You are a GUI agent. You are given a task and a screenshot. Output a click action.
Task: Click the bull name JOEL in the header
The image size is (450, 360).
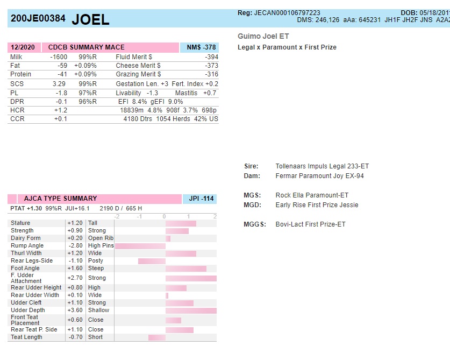coord(90,19)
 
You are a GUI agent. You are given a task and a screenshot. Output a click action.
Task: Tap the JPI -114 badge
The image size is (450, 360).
coord(201,199)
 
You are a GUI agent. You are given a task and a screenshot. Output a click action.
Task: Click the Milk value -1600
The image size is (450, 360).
coord(59,57)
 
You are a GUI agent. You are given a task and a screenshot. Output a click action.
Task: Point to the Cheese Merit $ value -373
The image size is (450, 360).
coord(211,66)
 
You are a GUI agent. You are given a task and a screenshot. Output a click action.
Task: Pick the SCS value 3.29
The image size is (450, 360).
coord(59,84)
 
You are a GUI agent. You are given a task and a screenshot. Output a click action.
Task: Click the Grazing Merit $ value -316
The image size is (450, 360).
coord(211,74)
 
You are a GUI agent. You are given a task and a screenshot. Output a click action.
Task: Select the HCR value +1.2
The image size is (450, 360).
coord(60,110)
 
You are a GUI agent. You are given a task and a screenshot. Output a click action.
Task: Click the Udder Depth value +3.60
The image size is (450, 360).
coord(75,310)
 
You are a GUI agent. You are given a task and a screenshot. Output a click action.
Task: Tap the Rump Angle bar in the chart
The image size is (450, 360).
coord(140,246)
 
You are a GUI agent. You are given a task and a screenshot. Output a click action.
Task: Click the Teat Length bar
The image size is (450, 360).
coord(157,337)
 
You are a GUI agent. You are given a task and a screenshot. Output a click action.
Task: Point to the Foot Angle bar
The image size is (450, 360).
coord(186,269)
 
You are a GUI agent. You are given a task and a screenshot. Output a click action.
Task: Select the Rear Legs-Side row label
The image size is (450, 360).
coord(32,260)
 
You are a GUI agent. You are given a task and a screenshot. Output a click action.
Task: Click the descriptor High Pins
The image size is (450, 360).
coord(101,245)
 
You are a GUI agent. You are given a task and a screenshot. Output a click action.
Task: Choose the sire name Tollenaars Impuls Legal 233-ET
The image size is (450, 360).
coord(322,166)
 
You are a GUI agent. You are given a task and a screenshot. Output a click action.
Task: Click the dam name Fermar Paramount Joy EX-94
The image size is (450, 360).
coord(319,176)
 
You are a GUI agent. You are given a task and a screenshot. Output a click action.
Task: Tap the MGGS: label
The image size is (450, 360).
coord(255,224)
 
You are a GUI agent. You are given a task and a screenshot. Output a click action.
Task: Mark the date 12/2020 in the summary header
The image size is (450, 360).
coord(23,47)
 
